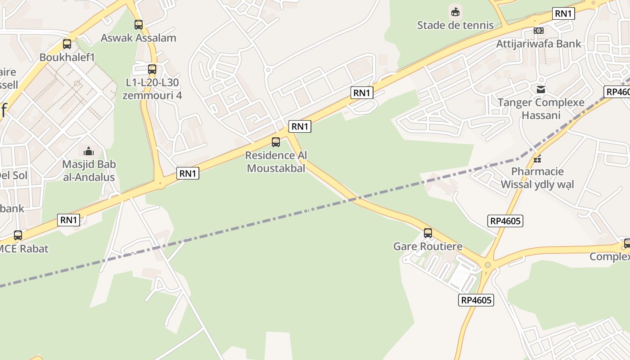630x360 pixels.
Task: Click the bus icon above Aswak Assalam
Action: click(x=139, y=25)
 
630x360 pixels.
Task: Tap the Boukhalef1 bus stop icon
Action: click(x=67, y=44)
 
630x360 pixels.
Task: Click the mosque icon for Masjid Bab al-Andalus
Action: click(x=89, y=151)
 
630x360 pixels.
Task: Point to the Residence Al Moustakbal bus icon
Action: click(x=276, y=142)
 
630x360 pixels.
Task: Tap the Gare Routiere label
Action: click(x=427, y=246)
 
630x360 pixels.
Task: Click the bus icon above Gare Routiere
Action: click(x=428, y=233)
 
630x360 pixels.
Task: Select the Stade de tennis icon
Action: click(x=455, y=11)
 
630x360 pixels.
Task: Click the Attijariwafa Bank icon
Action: click(x=538, y=31)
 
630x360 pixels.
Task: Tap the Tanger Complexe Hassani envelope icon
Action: click(x=541, y=90)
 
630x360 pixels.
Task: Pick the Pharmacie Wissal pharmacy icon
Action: click(x=537, y=158)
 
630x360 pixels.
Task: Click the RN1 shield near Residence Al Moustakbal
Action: click(x=300, y=126)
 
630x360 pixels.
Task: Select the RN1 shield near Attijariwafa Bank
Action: click(x=563, y=13)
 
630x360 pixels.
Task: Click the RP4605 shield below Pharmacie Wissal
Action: click(x=505, y=221)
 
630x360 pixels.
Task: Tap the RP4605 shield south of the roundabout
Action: click(x=476, y=300)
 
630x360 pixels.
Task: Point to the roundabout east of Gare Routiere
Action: click(x=488, y=265)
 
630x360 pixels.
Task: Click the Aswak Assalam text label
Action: click(x=138, y=38)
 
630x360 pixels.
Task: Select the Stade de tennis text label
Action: click(x=455, y=25)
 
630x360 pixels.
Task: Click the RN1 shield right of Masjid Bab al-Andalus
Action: click(x=188, y=173)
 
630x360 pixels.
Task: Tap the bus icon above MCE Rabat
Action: click(x=18, y=235)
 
